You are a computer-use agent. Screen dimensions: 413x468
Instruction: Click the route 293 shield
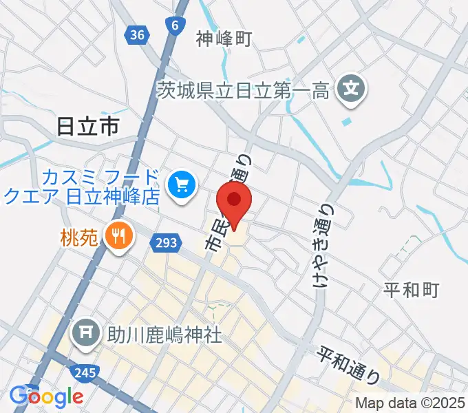[x=165, y=242]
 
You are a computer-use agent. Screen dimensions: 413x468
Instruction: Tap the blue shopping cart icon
[x=182, y=184]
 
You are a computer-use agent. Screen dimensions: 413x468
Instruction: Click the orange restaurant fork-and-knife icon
[x=118, y=236]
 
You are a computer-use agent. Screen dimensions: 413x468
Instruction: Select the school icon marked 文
[x=352, y=89]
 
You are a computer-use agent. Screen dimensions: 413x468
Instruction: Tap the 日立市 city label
[x=87, y=126]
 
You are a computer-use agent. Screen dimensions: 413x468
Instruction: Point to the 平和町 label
[x=411, y=290]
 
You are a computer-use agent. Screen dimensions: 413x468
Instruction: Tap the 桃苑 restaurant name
[x=81, y=237]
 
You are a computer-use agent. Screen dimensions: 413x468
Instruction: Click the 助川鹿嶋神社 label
[x=164, y=336]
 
